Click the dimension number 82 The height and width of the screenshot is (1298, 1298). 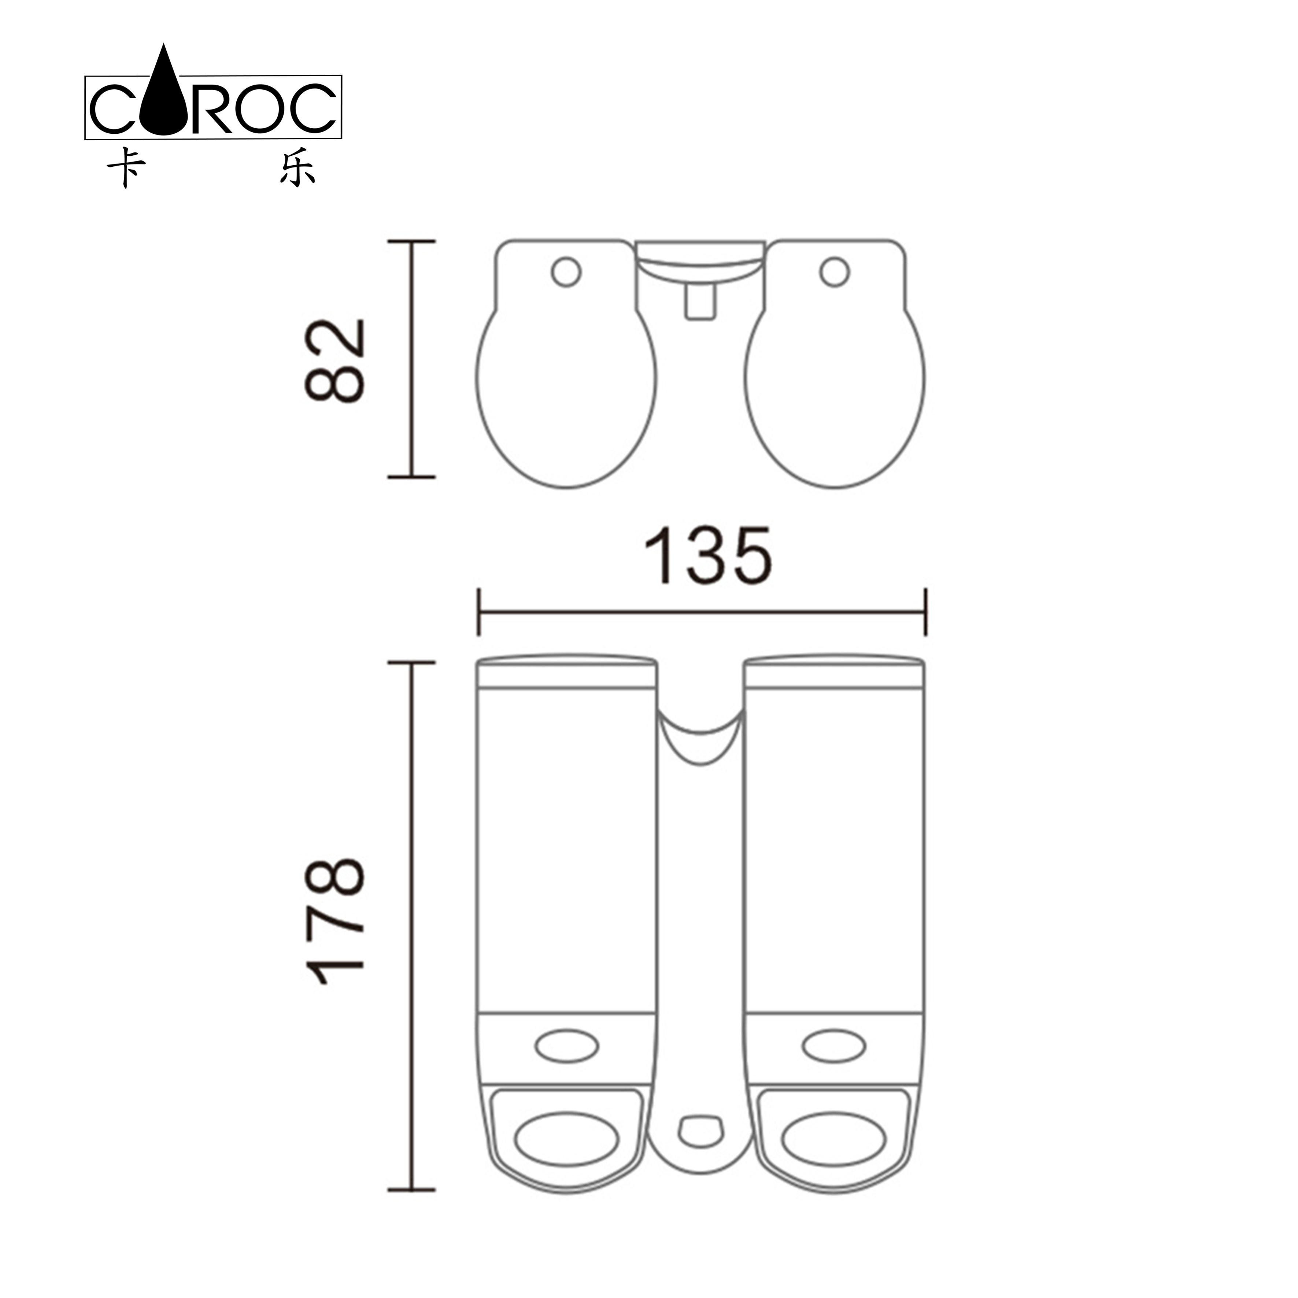pos(334,361)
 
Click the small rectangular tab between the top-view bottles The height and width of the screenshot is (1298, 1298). pos(700,300)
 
